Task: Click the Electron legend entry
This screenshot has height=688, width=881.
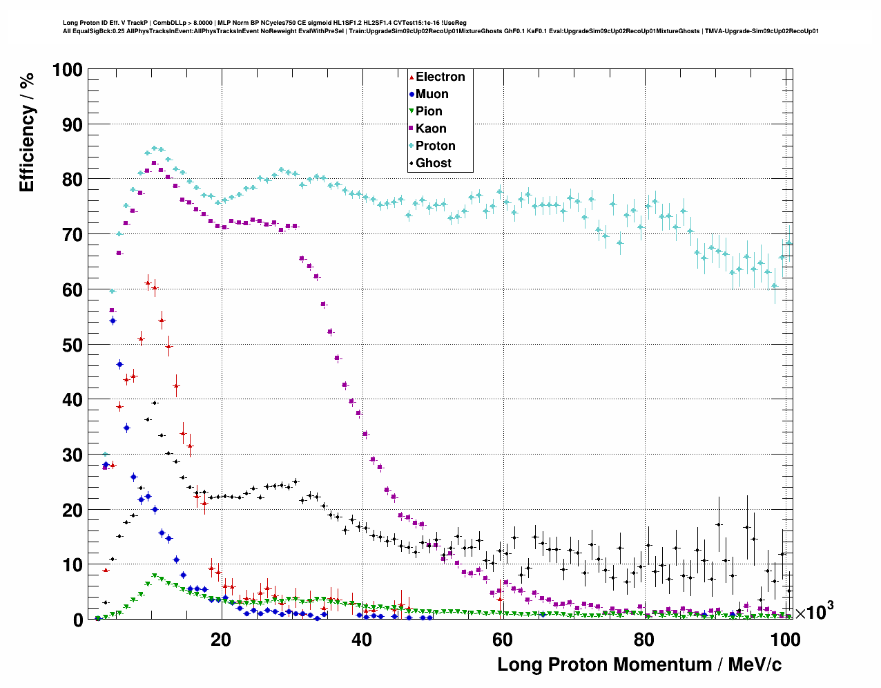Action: tap(440, 77)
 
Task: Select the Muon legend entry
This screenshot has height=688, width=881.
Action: tap(432, 94)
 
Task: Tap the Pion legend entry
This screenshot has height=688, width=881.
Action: tap(428, 111)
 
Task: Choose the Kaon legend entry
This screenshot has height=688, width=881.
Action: tap(430, 128)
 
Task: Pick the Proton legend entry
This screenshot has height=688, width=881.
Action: tap(435, 146)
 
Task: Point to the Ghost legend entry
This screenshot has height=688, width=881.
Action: tap(433, 163)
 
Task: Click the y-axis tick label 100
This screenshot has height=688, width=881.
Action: tap(67, 70)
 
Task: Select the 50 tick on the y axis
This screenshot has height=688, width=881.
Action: tap(72, 345)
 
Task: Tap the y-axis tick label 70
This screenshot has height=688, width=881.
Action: tap(72, 235)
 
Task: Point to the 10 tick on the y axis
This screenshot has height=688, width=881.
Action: tap(72, 565)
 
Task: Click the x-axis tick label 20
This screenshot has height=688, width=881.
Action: tap(221, 640)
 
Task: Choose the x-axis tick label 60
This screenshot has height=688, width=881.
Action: tap(503, 640)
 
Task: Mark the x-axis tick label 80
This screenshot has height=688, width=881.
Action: tap(643, 640)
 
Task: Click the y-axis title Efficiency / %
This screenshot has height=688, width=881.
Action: tap(27, 132)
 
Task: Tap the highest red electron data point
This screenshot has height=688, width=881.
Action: tap(148, 283)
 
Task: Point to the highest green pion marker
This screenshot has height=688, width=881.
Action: tap(154, 575)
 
